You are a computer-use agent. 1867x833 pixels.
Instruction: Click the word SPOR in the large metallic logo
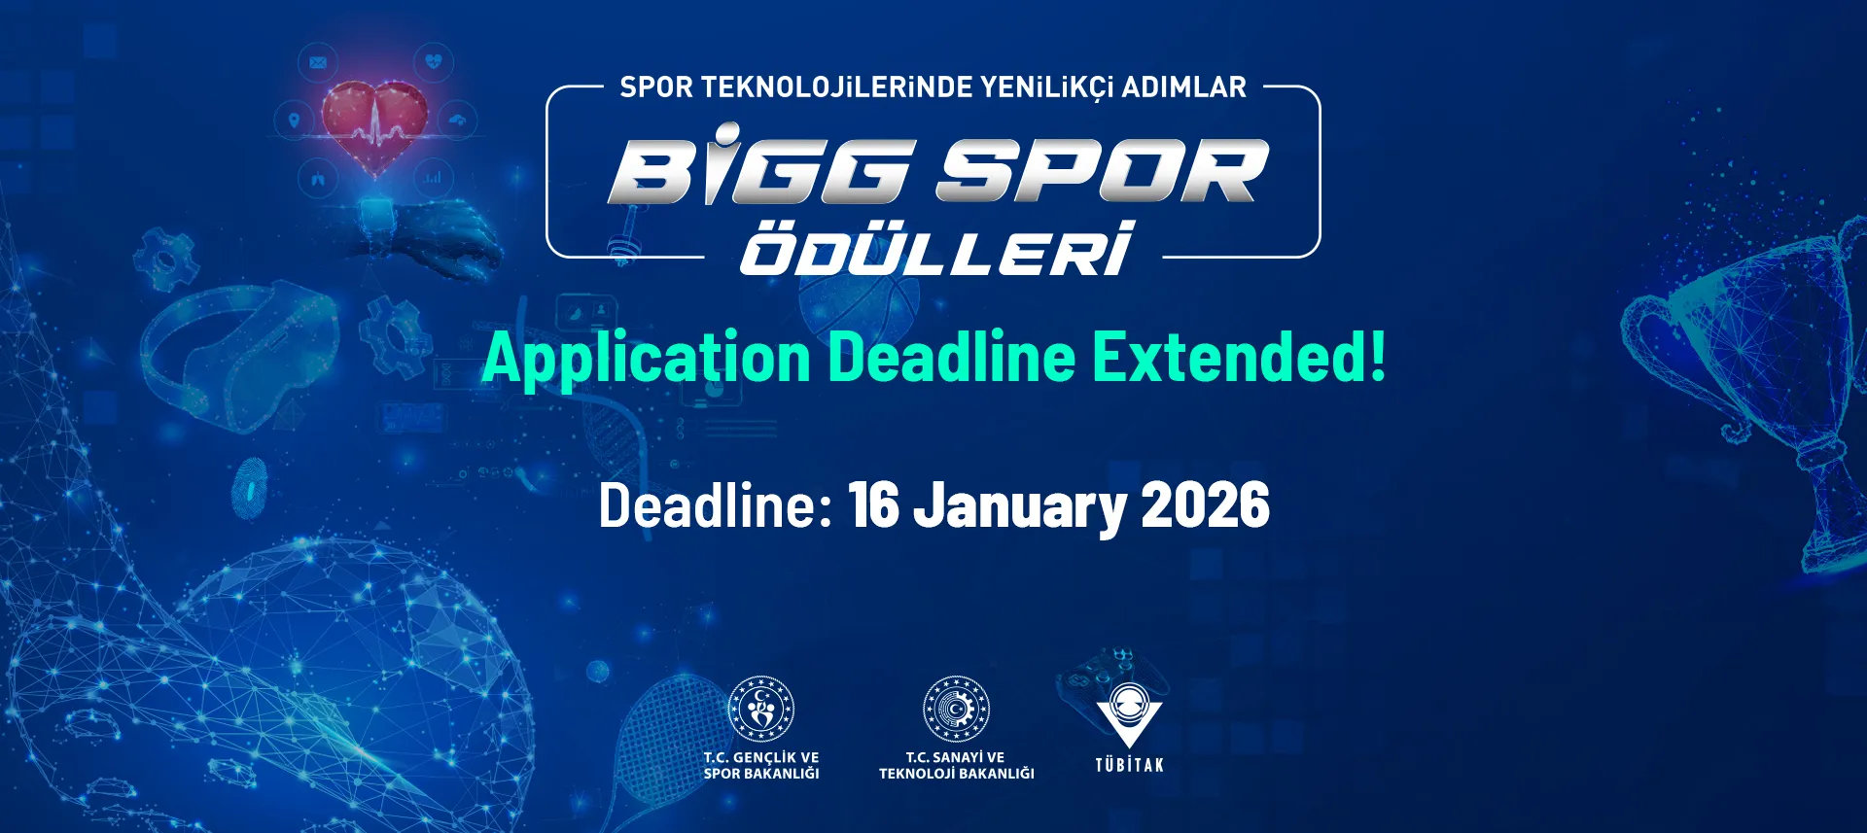point(1102,171)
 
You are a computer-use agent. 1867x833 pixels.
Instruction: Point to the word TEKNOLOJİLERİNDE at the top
point(835,87)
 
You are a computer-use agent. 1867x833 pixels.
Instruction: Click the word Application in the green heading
point(647,358)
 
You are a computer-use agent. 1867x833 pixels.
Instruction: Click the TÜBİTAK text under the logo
point(1129,765)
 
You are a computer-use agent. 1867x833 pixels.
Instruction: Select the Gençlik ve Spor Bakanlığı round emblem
point(761,709)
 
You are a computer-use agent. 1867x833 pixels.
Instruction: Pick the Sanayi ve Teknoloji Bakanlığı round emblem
point(956,709)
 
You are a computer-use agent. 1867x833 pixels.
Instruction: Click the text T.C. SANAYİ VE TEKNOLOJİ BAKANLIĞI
point(957,765)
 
